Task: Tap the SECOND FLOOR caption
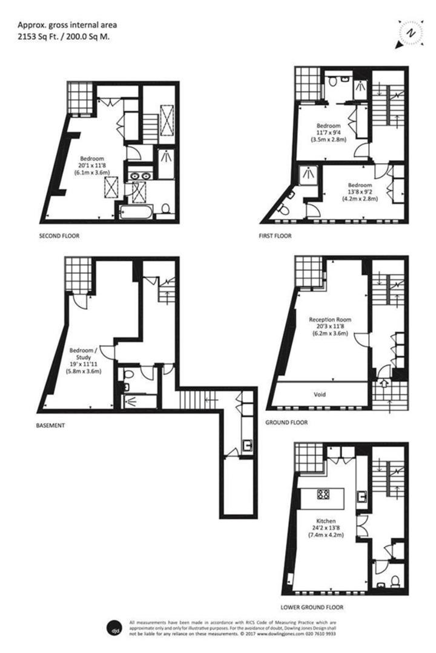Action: (x=59, y=235)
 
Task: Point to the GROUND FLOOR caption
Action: (x=286, y=422)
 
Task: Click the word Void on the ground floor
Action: (x=320, y=394)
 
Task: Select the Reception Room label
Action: (x=330, y=319)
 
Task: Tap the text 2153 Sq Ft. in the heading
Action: (x=38, y=36)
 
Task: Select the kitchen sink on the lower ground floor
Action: (x=363, y=496)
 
